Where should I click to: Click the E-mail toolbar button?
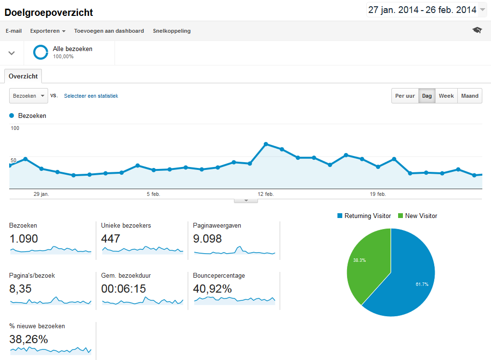(13, 31)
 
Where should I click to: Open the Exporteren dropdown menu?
(48, 31)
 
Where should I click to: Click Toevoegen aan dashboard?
(109, 31)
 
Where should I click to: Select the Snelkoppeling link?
(172, 31)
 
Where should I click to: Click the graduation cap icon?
(477, 30)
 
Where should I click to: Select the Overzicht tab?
(24, 76)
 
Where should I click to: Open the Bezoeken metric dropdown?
(28, 96)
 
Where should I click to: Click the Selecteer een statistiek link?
(91, 96)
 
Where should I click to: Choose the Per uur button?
(405, 96)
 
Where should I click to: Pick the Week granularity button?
(446, 96)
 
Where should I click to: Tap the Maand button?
(470, 96)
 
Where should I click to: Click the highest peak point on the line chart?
(266, 144)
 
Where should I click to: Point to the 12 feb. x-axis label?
(266, 194)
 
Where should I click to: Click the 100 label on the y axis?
(15, 128)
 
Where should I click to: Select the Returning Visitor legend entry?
(364, 216)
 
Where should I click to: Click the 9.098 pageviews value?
(207, 239)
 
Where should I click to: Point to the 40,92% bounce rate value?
(212, 289)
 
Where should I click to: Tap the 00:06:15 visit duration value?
(123, 289)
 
